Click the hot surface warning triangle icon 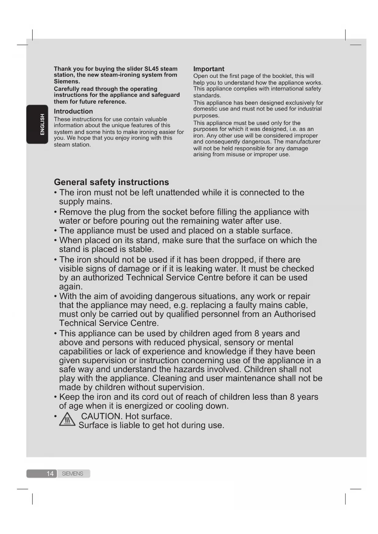[67, 419]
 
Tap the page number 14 [50, 473]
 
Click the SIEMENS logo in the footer [72, 473]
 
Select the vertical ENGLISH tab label [42, 124]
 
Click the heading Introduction [73, 111]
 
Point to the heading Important [209, 69]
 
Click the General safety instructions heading [111, 182]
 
